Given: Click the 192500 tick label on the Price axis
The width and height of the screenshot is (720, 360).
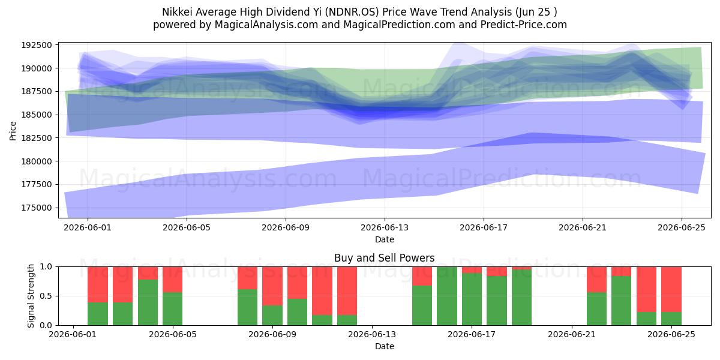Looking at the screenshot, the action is [x=37, y=45].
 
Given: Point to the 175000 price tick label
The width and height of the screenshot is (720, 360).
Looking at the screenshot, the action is [x=37, y=208].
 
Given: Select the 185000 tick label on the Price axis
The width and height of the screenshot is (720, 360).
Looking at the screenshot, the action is [x=37, y=115].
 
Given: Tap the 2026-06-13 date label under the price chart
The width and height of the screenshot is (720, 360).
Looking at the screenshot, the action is [x=385, y=227].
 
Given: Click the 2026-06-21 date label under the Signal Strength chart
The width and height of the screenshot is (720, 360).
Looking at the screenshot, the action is [x=571, y=334].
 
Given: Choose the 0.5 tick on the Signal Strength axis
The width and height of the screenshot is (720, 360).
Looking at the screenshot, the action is [x=46, y=296].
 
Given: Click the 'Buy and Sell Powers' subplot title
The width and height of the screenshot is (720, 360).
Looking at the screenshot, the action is [x=385, y=258].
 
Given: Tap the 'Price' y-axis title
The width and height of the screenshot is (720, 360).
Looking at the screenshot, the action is [x=13, y=131].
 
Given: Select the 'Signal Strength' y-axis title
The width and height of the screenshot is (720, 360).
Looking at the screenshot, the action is [x=31, y=296].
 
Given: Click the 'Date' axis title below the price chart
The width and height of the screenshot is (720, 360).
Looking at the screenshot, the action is [x=385, y=239].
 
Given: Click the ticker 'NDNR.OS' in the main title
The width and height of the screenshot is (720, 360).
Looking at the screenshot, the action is [x=352, y=12].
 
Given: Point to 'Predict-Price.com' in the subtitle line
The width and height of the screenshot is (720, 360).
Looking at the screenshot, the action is [x=524, y=25].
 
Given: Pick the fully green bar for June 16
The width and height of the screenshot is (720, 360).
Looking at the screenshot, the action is [x=447, y=296].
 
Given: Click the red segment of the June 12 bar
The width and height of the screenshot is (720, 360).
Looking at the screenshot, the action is [x=347, y=290].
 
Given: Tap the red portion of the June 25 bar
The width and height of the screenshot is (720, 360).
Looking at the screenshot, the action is [x=671, y=289].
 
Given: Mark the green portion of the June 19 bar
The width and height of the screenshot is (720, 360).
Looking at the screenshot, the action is [x=521, y=298].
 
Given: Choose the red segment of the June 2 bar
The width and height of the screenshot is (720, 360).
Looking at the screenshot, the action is [x=98, y=284].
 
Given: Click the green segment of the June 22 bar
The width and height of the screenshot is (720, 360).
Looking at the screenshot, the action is [x=596, y=308].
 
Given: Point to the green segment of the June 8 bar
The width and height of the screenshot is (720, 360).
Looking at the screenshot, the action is [x=247, y=307].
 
